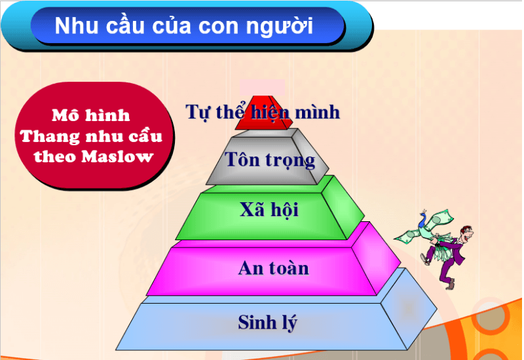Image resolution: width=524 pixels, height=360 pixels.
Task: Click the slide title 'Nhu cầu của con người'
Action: click(183, 26)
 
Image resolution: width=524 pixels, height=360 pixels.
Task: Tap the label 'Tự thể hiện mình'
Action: click(263, 112)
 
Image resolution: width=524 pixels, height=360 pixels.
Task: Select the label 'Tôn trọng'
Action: click(270, 159)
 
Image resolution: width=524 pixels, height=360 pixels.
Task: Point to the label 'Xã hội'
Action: click(269, 210)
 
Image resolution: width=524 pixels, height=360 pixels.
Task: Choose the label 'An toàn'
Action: click(273, 268)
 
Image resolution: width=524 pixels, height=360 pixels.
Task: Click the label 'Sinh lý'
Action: click(268, 322)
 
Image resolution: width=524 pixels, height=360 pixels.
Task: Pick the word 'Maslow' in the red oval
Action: click(122, 157)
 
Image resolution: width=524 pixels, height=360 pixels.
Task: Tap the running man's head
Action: click(466, 233)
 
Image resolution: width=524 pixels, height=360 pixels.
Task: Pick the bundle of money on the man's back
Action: click(432, 223)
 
